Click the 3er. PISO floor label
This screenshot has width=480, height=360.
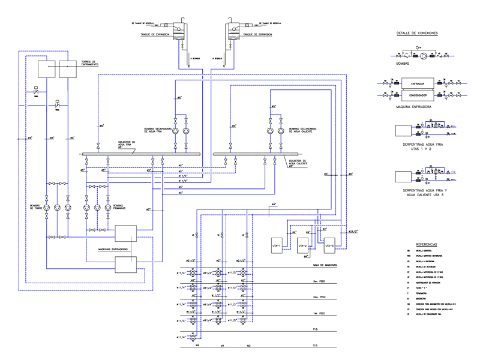319,281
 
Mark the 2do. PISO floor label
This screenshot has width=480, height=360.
319,297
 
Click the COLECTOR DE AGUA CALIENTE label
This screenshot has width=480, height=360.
298,163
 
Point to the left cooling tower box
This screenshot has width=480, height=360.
47,70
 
